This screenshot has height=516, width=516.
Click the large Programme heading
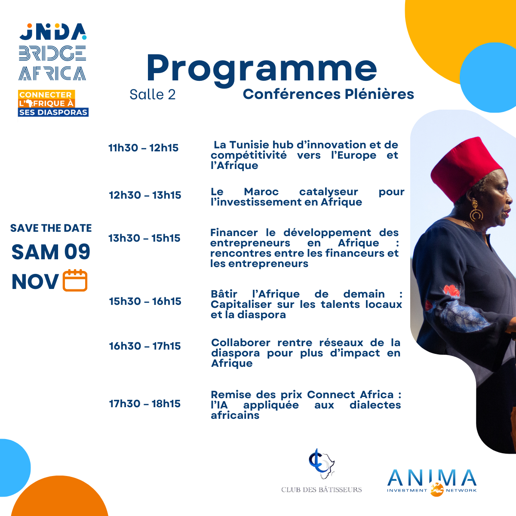(261, 69)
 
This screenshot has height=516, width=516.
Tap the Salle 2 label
(152, 95)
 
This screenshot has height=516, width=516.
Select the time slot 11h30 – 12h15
(143, 148)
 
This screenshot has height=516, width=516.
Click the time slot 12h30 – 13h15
(145, 195)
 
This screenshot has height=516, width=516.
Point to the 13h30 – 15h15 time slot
(144, 238)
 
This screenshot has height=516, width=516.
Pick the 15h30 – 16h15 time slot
(145, 301)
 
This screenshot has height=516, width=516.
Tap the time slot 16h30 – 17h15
(145, 346)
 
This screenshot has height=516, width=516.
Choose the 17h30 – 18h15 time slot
(145, 403)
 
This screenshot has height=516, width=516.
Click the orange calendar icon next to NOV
(75, 281)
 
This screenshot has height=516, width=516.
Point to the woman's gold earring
(476, 212)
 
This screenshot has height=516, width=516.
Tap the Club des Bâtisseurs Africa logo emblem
(322, 463)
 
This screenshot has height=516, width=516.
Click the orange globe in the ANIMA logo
(437, 490)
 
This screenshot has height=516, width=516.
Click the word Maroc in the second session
(261, 192)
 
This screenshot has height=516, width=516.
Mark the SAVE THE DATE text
(51, 228)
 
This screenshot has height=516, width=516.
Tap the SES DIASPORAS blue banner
(53, 112)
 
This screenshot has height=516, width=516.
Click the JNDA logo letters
(53, 32)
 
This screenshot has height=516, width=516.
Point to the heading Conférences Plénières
(328, 94)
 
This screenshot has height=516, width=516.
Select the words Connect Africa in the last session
(350, 395)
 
